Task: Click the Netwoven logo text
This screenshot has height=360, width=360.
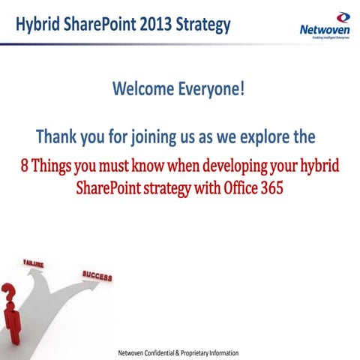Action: (323, 31)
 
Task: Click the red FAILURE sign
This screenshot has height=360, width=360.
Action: (33, 264)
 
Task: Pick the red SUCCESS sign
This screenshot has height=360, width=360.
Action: (97, 276)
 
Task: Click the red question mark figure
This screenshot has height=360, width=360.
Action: (11, 311)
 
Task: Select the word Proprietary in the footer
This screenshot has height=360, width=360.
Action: (210, 352)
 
